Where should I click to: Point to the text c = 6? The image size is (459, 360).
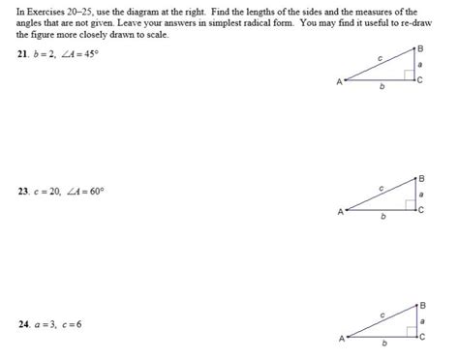click(74, 324)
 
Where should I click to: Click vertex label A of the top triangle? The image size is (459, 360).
click(339, 82)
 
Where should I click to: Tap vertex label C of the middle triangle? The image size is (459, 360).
click(422, 208)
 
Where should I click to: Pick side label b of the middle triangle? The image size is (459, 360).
click(382, 217)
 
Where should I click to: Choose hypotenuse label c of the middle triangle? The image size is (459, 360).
click(381, 187)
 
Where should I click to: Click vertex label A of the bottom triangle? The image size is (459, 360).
click(341, 339)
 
